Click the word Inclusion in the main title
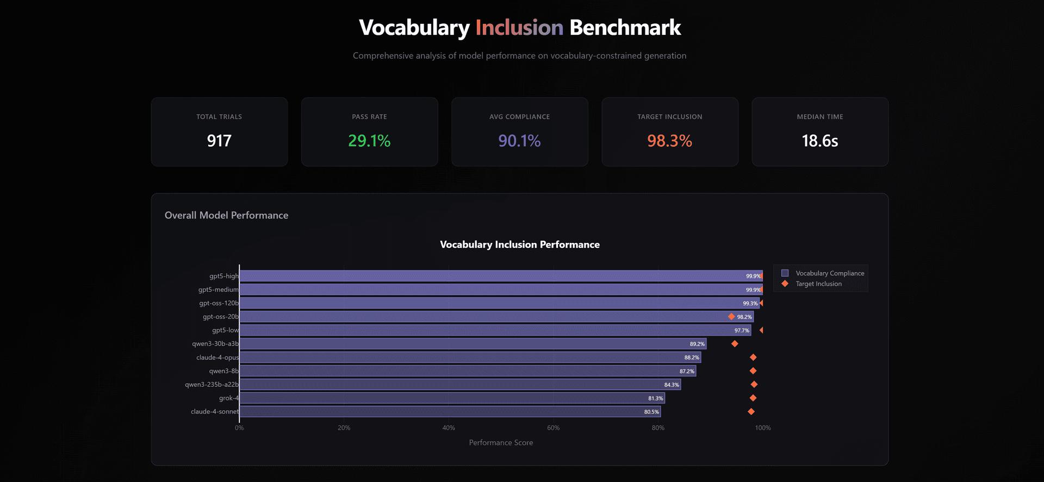(x=519, y=28)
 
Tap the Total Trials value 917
(x=219, y=141)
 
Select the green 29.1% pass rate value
(x=369, y=141)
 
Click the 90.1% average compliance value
(x=519, y=141)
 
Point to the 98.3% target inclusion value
(x=669, y=141)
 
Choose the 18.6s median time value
(x=819, y=141)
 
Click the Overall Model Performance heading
(x=226, y=215)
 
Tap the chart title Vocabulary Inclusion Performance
(x=519, y=245)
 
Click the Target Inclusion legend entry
(x=818, y=284)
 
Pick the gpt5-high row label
(x=223, y=276)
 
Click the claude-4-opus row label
(x=217, y=358)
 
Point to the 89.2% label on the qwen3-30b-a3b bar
(x=697, y=344)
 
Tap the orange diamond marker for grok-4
(x=753, y=398)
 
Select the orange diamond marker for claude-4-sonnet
(x=751, y=412)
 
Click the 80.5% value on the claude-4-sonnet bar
(x=651, y=412)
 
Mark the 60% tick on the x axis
(x=553, y=428)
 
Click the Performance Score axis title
(x=501, y=443)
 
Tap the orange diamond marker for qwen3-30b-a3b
(x=735, y=344)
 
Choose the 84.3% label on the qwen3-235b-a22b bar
(x=672, y=385)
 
